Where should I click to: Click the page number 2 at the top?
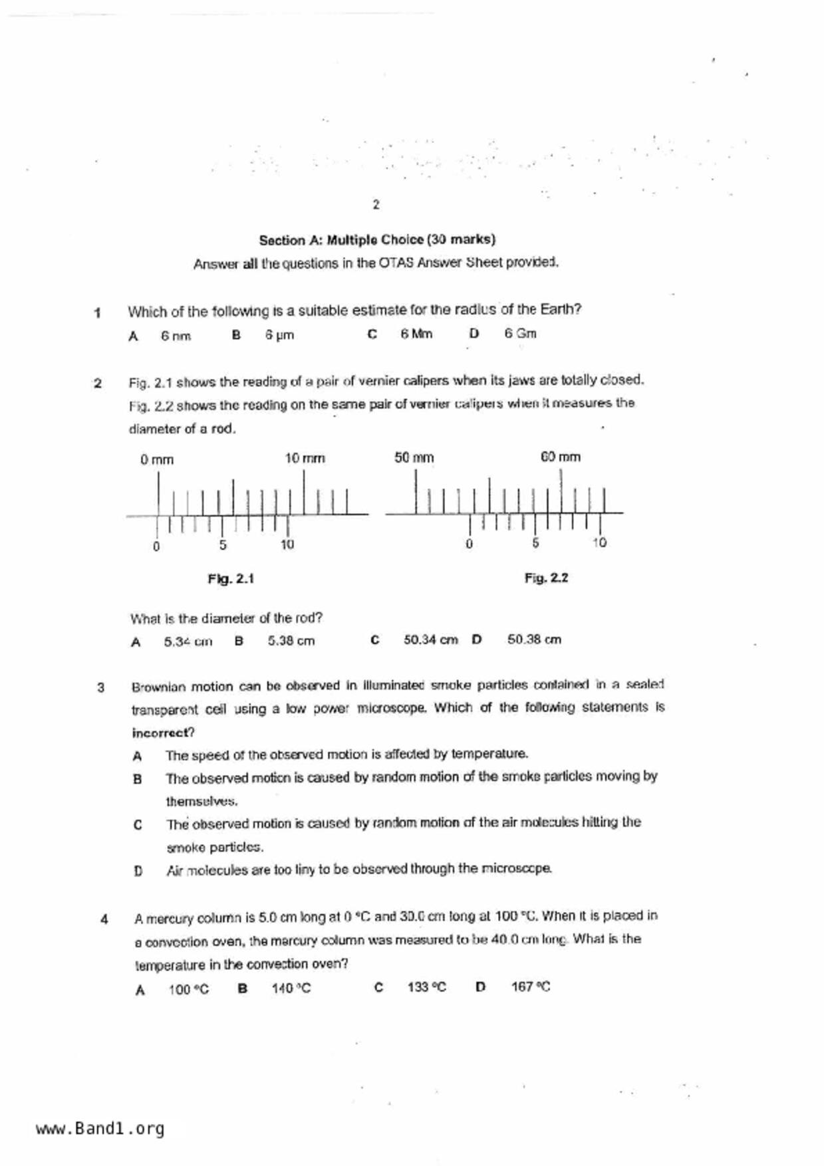click(376, 205)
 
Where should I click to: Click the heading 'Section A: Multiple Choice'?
click(377, 239)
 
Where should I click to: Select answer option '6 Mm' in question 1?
click(416, 334)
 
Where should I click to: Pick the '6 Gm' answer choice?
click(520, 334)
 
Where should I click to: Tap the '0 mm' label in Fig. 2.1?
click(157, 460)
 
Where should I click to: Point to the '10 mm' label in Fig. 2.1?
click(305, 459)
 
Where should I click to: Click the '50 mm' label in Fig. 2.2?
click(414, 458)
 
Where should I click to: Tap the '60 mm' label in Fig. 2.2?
click(561, 457)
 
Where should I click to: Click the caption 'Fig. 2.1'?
click(231, 579)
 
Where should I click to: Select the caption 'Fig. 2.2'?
click(546, 578)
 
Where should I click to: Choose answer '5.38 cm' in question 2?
click(291, 641)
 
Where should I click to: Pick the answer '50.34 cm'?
click(430, 640)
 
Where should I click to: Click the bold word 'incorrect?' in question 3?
click(163, 733)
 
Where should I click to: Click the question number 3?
click(101, 687)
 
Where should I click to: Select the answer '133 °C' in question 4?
click(427, 988)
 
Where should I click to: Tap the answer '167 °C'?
click(531, 987)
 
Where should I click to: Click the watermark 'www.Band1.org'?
click(100, 1129)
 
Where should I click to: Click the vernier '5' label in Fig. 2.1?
click(223, 545)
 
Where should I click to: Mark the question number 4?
click(104, 920)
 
